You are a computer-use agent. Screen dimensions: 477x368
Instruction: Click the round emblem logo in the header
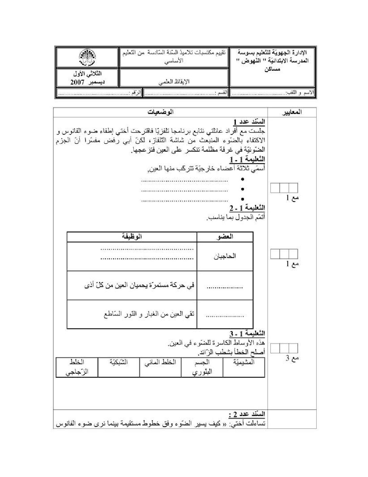[87, 58]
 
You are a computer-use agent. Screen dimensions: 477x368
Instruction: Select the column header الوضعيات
[160, 112]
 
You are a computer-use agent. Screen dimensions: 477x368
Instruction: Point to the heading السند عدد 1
[249, 122]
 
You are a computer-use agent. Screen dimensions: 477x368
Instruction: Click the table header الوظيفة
[132, 237]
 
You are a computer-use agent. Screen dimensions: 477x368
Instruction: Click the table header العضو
[225, 237]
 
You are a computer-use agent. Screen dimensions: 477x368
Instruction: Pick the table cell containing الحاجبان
[225, 256]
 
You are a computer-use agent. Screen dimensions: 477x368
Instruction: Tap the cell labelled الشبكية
[118, 362]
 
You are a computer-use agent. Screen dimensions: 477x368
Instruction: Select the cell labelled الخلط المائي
[160, 362]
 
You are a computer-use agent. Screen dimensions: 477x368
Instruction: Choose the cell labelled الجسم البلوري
[202, 367]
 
